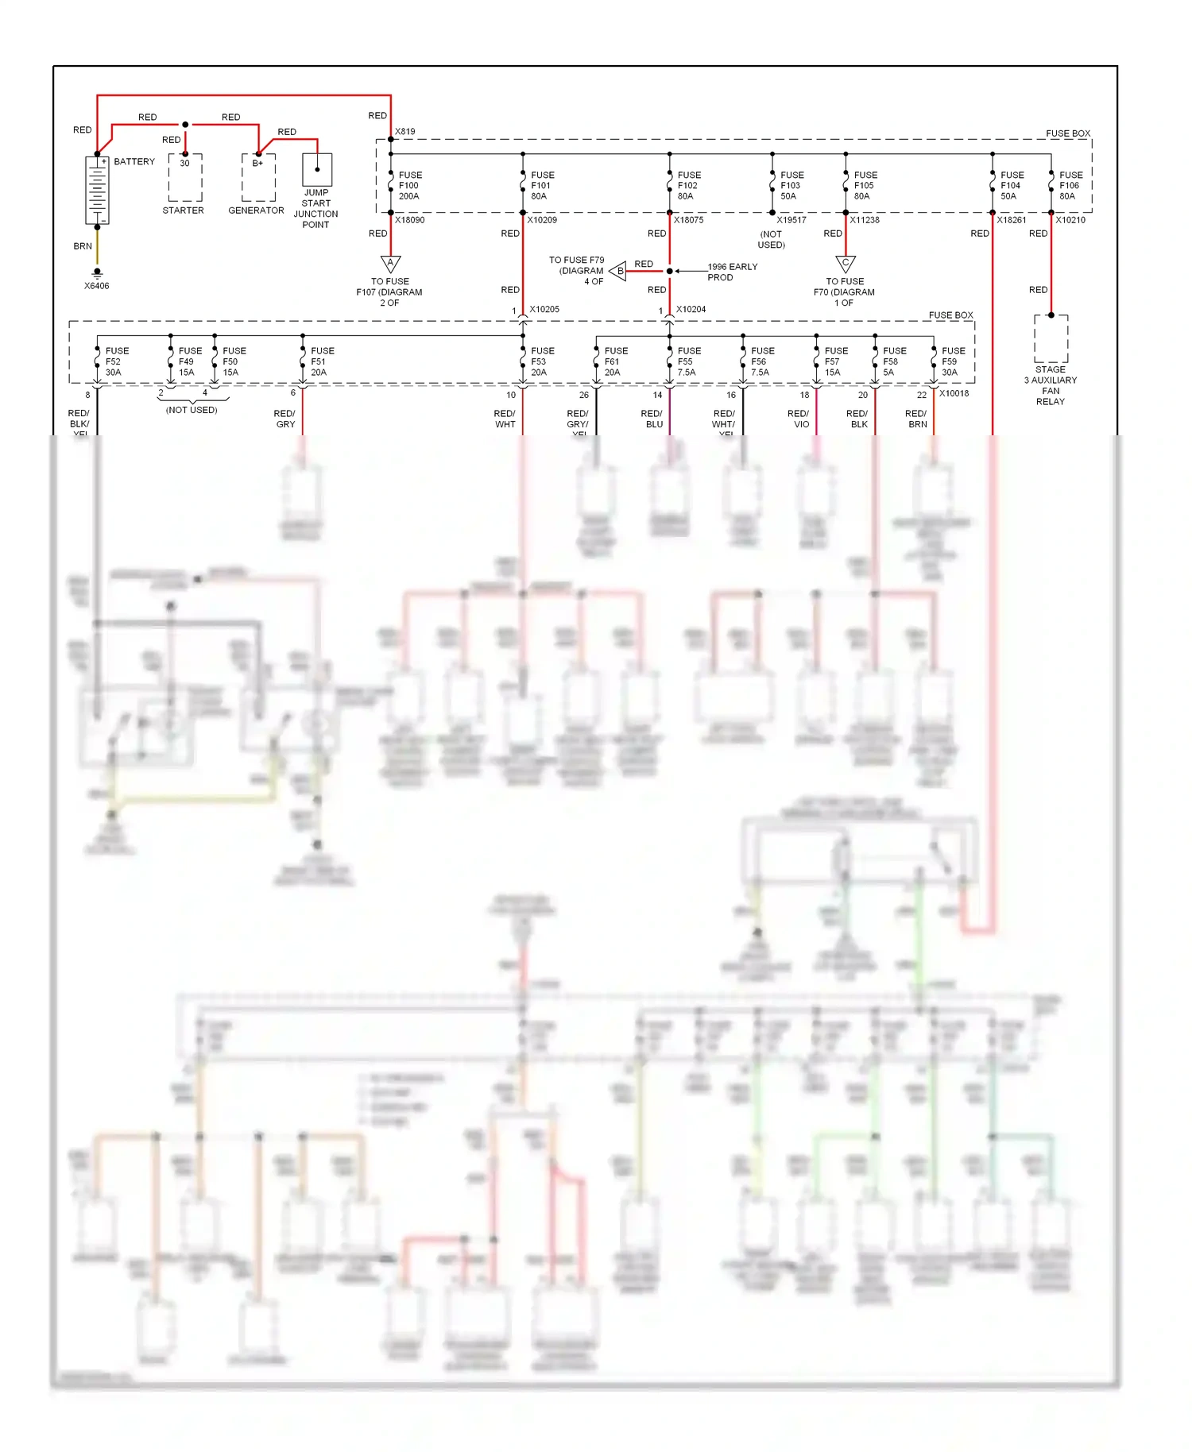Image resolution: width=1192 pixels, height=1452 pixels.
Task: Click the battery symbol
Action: click(97, 190)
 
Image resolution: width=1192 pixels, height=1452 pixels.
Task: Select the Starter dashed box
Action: click(184, 178)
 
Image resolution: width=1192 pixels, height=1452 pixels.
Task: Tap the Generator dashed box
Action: click(258, 178)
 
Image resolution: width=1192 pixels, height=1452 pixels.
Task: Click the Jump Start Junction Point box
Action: click(317, 169)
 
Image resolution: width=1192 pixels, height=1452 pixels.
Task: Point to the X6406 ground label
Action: click(97, 286)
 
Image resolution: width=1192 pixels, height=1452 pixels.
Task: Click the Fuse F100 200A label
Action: click(410, 186)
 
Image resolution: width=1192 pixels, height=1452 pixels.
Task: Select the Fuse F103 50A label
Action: click(791, 186)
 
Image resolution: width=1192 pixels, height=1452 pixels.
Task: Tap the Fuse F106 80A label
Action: click(1070, 186)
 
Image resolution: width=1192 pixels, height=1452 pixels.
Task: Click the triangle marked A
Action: click(390, 263)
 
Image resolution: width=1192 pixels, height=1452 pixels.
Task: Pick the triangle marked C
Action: click(846, 263)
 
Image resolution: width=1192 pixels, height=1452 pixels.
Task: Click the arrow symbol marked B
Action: click(618, 271)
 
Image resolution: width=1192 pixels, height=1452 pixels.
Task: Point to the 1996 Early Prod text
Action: click(732, 272)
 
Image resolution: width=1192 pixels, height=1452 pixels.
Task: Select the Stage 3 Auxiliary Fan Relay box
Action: click(1051, 339)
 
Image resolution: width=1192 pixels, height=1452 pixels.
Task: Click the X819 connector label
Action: click(405, 132)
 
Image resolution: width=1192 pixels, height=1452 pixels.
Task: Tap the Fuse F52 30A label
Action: click(117, 361)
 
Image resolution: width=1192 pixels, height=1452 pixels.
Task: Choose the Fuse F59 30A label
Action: click(953, 361)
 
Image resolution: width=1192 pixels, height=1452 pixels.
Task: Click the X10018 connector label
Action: click(954, 394)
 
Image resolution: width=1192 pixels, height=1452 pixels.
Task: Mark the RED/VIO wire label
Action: click(799, 419)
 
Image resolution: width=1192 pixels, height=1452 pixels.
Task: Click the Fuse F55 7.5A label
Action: click(689, 361)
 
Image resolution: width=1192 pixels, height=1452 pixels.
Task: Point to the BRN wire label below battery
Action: click(83, 246)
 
